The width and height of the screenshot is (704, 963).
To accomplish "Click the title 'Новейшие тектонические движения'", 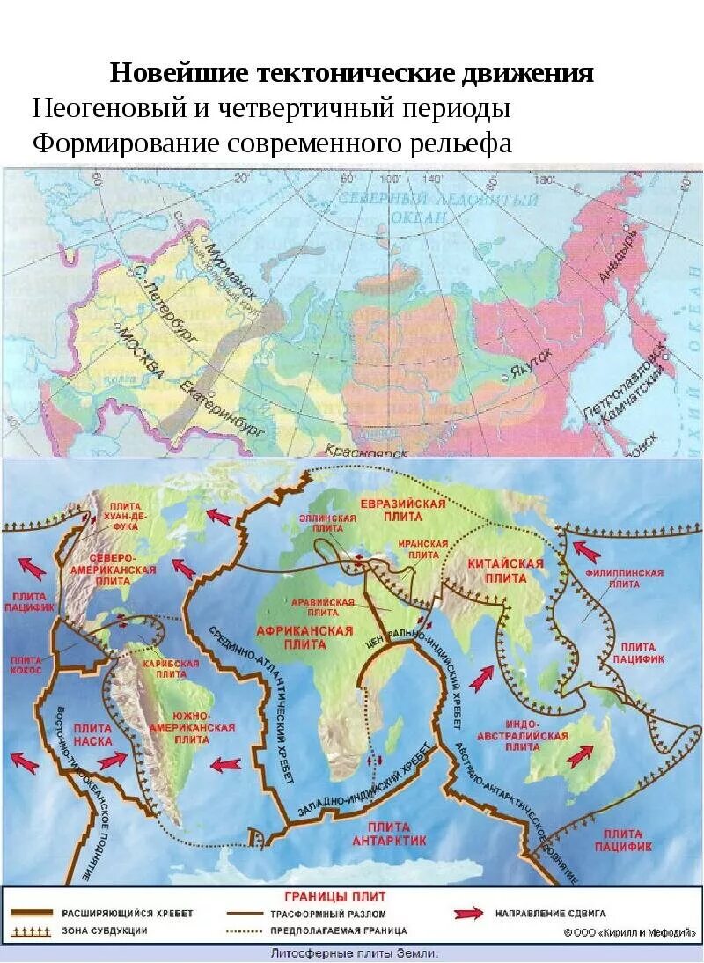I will point(352,73).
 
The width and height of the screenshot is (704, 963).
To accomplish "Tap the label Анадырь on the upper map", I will point(617,255).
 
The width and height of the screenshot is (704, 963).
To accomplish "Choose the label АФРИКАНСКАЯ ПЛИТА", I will point(304,636).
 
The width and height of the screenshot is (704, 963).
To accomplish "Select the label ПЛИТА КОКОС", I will point(30,665).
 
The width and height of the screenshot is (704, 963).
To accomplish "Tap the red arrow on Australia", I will point(582,755).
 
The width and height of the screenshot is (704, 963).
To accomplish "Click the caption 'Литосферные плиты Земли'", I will point(351,953).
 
